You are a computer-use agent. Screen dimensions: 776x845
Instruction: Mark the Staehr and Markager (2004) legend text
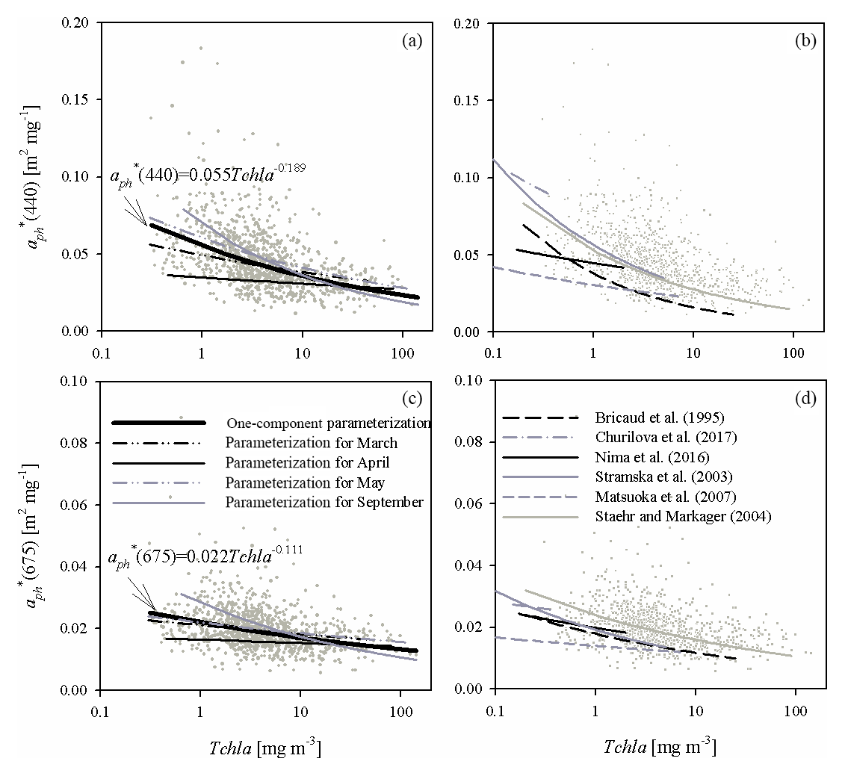coord(666,515)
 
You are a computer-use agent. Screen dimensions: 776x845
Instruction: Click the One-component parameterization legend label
coord(328,423)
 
